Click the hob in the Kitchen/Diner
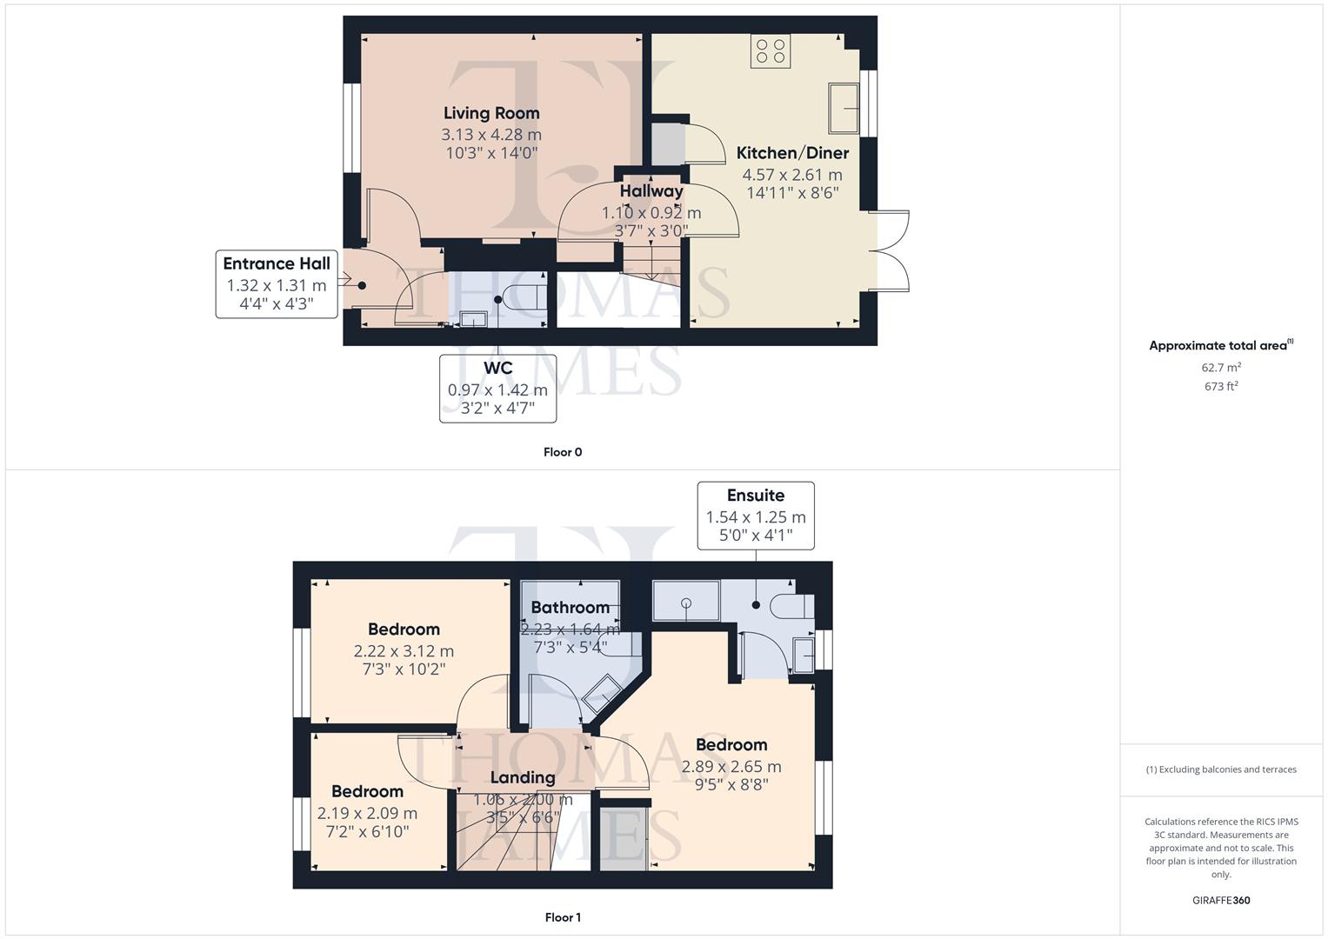pos(771,50)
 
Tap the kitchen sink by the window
pos(844,108)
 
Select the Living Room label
pos(491,113)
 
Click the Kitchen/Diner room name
pos(792,153)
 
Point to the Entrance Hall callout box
pos(277,284)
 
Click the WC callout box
pos(497,389)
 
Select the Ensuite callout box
pos(756,516)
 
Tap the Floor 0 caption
pos(563,452)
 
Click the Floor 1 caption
pos(563,917)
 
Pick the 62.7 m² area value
pos(1221,368)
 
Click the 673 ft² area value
pos(1221,387)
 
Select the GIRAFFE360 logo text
pos(1221,901)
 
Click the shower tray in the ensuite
pos(686,601)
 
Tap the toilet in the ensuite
pos(792,605)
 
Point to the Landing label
pos(522,777)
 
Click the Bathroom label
pos(570,608)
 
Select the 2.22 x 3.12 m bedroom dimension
pos(404,651)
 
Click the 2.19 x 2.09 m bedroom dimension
pos(367,814)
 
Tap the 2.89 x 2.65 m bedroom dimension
pos(731,767)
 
